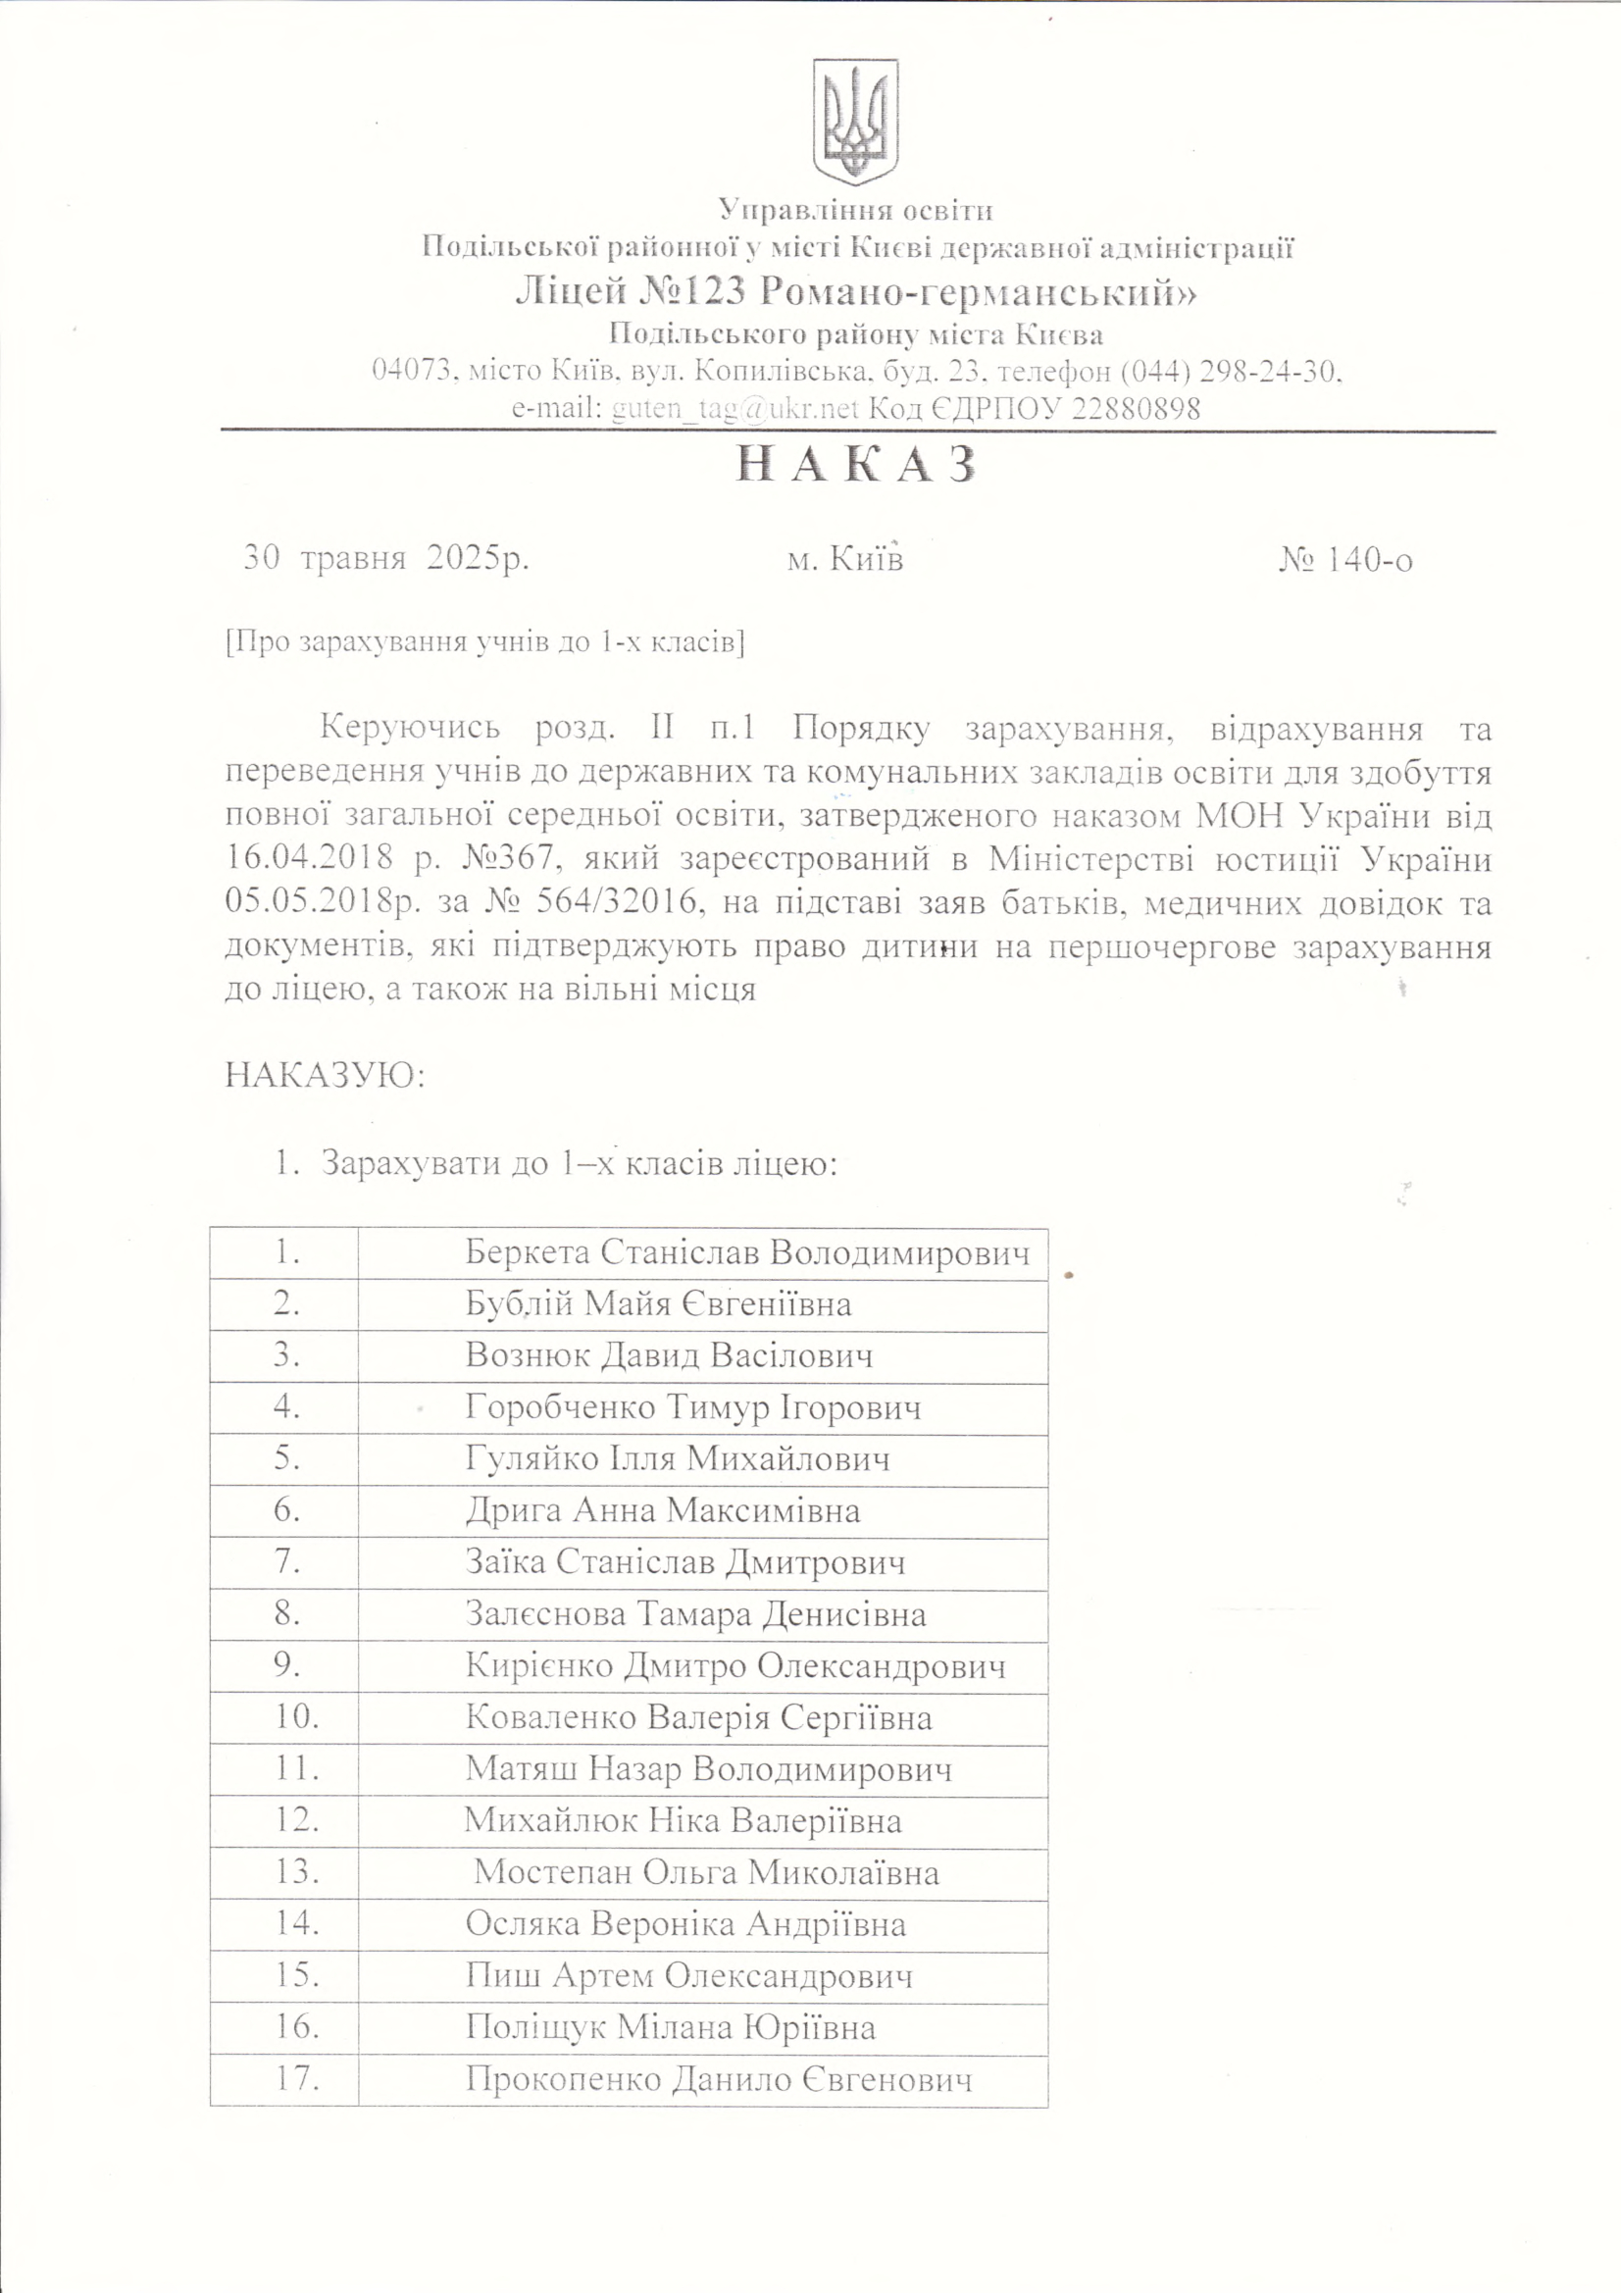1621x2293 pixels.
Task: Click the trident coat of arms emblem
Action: [855, 120]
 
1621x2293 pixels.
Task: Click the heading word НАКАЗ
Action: [856, 467]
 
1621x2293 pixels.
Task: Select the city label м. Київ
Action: [845, 560]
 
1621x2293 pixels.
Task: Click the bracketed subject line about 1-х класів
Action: [486, 641]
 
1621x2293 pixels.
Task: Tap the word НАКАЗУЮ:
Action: [326, 1077]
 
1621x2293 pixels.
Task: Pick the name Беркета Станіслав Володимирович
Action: [747, 1252]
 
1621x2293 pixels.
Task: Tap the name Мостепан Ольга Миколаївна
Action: [706, 1871]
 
